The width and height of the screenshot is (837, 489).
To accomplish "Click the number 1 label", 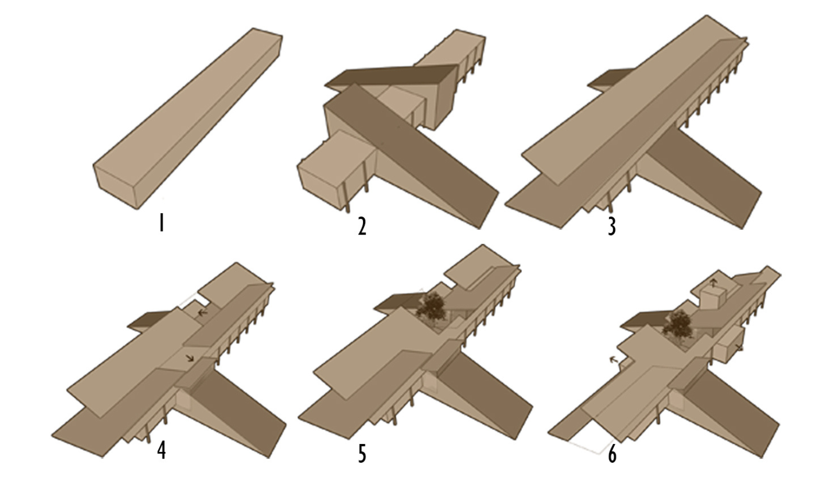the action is tap(162, 223).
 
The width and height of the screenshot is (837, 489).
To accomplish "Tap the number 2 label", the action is tap(362, 227).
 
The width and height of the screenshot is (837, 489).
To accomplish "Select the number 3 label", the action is tap(612, 227).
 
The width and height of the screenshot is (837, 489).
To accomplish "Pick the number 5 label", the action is tap(362, 454).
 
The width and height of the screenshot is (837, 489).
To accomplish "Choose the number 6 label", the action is tap(612, 454).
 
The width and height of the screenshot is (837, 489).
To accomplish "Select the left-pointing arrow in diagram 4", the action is tap(202, 312).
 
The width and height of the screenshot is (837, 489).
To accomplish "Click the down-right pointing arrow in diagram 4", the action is tap(190, 359).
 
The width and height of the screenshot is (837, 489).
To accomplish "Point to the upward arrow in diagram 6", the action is tap(714, 282).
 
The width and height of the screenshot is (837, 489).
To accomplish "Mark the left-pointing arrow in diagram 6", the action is tap(613, 360).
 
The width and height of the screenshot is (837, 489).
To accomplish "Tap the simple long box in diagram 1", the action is tap(188, 118).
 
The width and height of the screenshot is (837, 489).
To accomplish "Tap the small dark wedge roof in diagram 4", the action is tap(150, 321).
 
